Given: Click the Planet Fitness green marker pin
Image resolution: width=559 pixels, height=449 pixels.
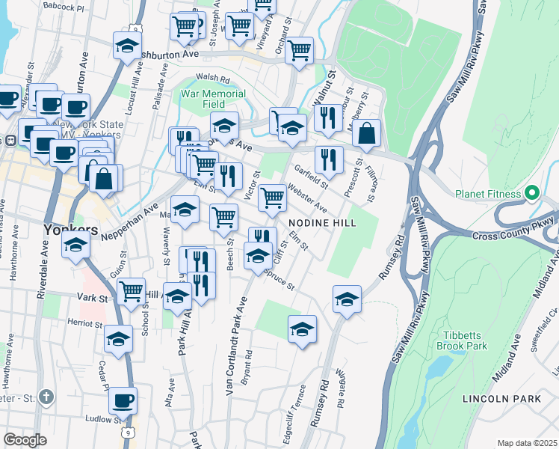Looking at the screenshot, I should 532,193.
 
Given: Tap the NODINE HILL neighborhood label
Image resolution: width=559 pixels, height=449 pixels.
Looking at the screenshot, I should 315,223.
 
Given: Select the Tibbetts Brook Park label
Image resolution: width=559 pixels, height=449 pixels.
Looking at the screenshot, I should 464,340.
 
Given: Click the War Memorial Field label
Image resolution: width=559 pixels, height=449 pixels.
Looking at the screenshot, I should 213,100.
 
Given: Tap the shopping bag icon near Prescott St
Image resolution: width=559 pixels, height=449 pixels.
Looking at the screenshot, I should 367,135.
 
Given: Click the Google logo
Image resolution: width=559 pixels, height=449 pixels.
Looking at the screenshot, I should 25,440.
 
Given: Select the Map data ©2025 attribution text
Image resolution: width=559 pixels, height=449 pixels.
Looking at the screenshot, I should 526,443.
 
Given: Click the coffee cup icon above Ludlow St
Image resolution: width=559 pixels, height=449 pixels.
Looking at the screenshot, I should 123,400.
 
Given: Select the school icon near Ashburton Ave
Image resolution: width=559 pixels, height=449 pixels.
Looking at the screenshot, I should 128,46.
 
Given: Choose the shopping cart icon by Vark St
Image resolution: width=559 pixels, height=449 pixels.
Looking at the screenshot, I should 132,290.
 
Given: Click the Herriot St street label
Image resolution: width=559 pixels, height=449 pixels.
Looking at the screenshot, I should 84,324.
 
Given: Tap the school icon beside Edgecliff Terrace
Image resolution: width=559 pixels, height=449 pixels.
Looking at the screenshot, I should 302,329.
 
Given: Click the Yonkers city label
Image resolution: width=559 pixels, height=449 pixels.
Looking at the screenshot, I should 71,229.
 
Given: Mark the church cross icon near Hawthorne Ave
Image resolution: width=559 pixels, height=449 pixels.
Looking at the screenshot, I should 46,396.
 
